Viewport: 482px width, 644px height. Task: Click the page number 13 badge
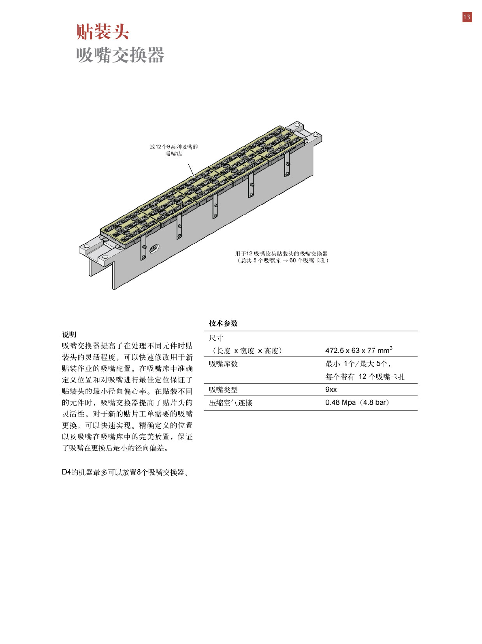[467, 17]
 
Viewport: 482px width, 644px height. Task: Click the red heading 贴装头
[102, 32]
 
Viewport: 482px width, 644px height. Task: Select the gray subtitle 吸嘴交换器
[120, 55]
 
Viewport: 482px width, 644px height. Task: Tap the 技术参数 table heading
[223, 323]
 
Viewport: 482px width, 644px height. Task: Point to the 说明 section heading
[69, 335]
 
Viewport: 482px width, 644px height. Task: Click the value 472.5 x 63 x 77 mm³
[358, 350]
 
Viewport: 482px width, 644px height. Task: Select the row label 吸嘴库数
[223, 364]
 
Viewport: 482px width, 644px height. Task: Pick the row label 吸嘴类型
[223, 390]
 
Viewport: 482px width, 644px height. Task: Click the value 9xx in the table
[331, 390]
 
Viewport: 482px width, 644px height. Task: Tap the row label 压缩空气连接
[230, 403]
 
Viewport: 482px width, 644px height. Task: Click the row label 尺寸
[216, 338]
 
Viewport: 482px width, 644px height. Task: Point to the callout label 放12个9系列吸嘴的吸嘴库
[174, 150]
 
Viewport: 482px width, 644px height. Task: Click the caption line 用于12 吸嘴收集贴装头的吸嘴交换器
[281, 253]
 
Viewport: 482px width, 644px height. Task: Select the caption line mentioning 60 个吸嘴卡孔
[283, 261]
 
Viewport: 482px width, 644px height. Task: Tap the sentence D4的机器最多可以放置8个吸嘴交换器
[126, 472]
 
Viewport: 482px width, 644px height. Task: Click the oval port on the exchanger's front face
[154, 248]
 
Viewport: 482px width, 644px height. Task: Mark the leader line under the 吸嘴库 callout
[191, 170]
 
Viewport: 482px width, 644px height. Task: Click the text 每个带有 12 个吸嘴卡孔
[365, 377]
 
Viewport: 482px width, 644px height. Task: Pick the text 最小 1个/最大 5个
[358, 364]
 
